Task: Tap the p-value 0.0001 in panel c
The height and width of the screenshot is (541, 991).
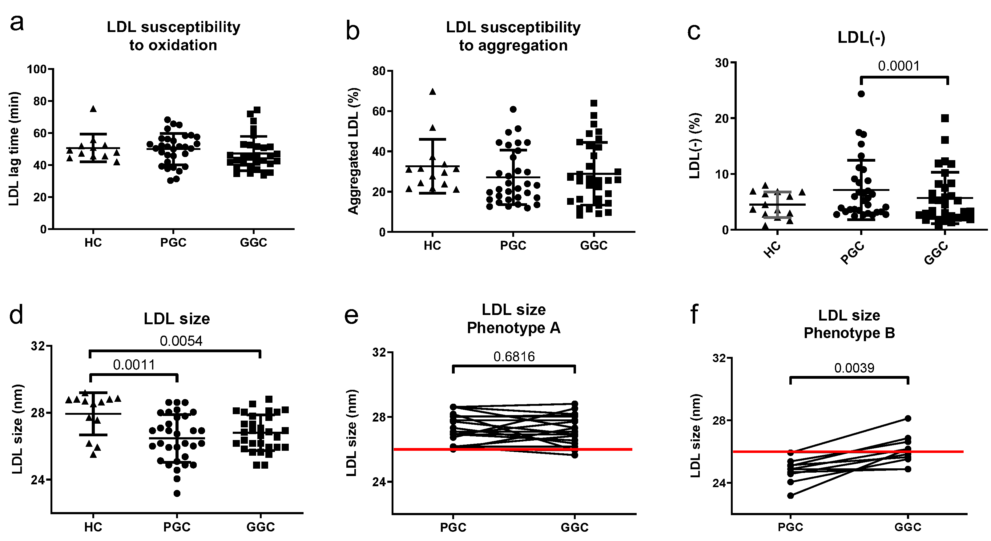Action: tap(899, 66)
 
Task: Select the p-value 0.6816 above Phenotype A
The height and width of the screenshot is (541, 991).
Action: tap(514, 357)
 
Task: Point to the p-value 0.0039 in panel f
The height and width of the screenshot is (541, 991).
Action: tap(854, 368)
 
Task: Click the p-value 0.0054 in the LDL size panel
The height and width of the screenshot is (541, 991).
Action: tap(181, 341)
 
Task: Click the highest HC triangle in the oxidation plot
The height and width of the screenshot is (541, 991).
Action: tap(93, 109)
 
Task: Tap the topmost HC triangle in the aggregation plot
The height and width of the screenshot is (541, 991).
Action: tap(433, 91)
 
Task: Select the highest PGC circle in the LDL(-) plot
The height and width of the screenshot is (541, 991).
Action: tap(861, 94)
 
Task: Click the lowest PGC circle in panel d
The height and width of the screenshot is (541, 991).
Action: tap(177, 493)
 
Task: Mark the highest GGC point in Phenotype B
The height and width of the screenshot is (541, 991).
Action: tap(908, 418)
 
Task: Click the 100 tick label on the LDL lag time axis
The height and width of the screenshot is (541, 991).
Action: tap(37, 70)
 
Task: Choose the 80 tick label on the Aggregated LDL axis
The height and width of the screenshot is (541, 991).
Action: tap(379, 71)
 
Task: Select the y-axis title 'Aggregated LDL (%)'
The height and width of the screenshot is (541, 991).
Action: tap(353, 151)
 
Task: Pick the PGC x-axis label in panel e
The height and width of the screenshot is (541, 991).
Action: tap(453, 527)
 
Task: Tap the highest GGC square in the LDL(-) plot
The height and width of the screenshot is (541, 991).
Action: tap(945, 118)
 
